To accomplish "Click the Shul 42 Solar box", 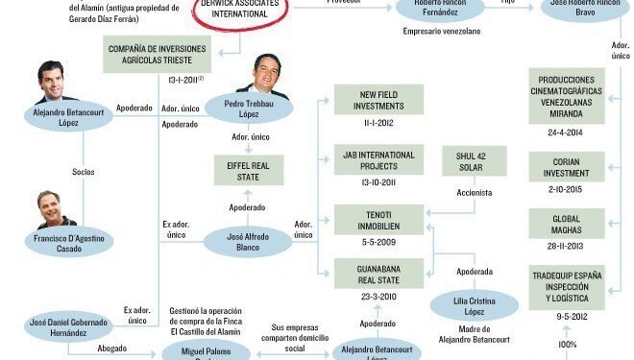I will tap(475, 161).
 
